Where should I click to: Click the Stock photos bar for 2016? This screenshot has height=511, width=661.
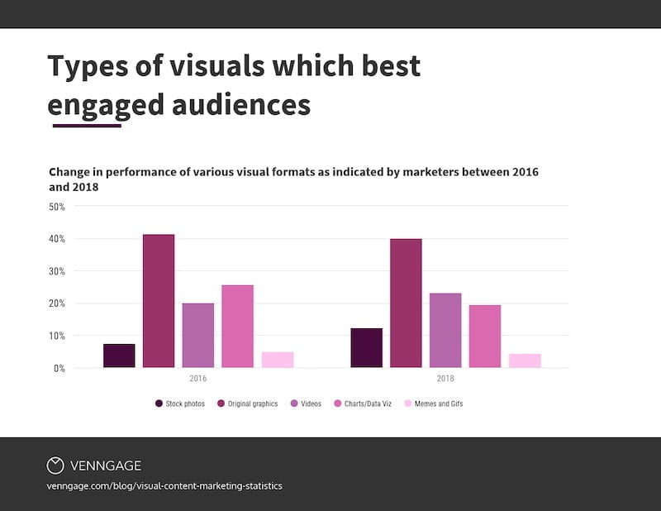[119, 356]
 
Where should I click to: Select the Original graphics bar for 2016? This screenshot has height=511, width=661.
[159, 301]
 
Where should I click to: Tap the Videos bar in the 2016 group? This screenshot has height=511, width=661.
[198, 336]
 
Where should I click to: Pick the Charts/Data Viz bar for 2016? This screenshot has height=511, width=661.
[238, 327]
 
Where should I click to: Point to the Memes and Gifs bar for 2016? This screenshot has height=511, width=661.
[278, 360]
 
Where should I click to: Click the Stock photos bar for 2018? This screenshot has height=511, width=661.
[366, 348]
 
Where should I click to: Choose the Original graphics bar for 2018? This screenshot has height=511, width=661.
[406, 303]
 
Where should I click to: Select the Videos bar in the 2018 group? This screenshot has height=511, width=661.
[445, 331]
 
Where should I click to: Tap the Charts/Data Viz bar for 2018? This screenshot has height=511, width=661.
[485, 337]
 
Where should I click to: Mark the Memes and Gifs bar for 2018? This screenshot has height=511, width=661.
[525, 361]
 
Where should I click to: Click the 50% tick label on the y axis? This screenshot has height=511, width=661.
[57, 207]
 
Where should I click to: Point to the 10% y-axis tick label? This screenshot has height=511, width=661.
[57, 336]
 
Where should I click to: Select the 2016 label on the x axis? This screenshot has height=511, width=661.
[197, 379]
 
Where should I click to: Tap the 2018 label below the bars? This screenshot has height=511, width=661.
[445, 379]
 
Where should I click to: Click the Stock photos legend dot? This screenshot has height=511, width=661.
[159, 404]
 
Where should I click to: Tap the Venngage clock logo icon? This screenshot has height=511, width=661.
[55, 466]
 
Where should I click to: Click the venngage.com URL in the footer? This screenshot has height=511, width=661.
[164, 486]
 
